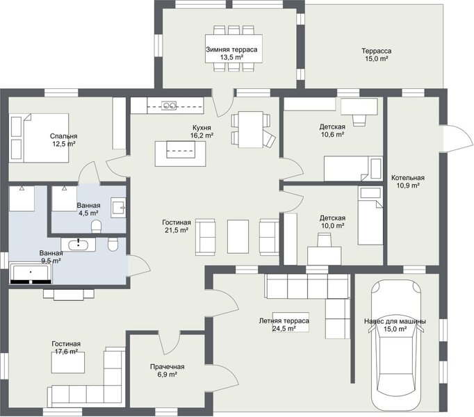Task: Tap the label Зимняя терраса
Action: tap(231, 49)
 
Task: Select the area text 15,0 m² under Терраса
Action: tap(377, 59)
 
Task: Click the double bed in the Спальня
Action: tap(39, 138)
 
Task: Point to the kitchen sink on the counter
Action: tap(169, 106)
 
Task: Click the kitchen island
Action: tap(181, 154)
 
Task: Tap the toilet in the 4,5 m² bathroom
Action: tap(97, 226)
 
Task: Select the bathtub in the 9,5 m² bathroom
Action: tap(31, 272)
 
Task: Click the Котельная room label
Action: tap(408, 178)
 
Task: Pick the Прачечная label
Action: tap(167, 367)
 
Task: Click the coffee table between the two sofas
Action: tap(238, 236)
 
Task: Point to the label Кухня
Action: tap(202, 128)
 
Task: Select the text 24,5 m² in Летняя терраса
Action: tap(284, 329)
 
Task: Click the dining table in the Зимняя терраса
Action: tap(234, 49)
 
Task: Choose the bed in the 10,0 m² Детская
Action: tap(370, 215)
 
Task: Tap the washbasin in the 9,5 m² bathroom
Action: tap(79, 245)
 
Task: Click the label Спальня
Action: tap(64, 136)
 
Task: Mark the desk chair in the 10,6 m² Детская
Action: tap(359, 120)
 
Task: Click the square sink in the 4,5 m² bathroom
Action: tap(118, 208)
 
